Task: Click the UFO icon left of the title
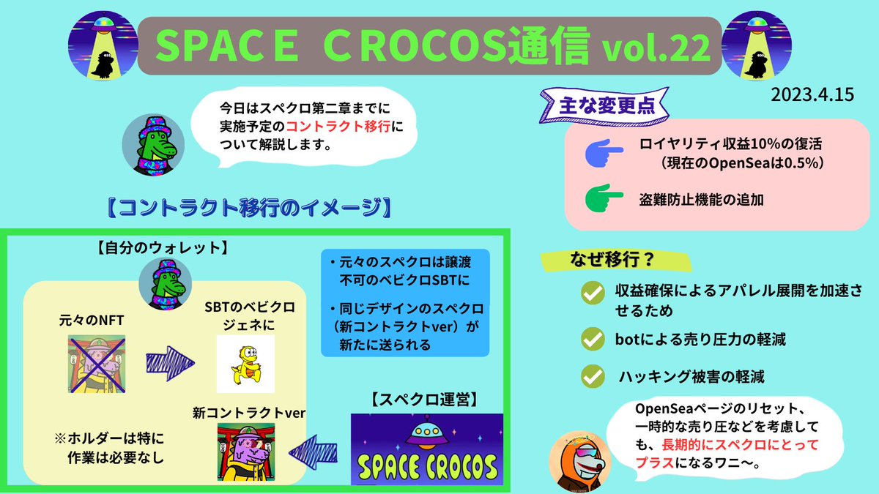click(103, 45)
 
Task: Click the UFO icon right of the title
click(758, 45)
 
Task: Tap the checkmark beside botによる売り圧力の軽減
click(591, 340)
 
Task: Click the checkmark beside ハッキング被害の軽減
click(591, 378)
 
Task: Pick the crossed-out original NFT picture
click(97, 364)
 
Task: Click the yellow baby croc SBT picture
click(245, 364)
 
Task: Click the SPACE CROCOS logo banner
click(427, 449)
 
